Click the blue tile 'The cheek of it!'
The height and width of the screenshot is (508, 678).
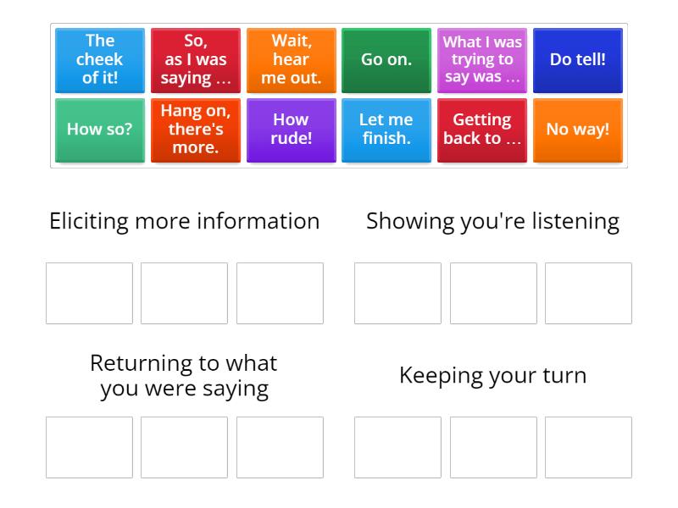(x=100, y=60)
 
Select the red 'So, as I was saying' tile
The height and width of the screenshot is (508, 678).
(x=196, y=60)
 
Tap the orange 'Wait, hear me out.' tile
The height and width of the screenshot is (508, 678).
(x=292, y=60)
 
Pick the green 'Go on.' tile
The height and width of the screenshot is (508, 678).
(x=386, y=60)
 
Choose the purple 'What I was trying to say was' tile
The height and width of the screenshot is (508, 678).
(x=482, y=60)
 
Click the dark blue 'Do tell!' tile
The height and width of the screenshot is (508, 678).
(x=578, y=60)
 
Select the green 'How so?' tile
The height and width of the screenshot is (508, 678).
(x=100, y=130)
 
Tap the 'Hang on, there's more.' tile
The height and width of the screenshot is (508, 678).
(x=196, y=130)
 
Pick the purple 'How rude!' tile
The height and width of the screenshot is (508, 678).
(x=292, y=130)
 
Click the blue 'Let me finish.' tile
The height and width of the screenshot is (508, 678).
(x=386, y=130)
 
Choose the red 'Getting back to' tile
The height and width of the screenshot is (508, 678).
(x=482, y=130)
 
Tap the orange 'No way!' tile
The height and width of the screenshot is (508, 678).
(x=578, y=130)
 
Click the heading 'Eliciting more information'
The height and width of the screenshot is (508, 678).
(x=185, y=221)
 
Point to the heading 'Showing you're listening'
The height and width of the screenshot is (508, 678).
(x=492, y=221)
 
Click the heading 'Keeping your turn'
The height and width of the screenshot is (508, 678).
(x=492, y=375)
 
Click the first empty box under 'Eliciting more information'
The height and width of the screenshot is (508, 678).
(x=89, y=293)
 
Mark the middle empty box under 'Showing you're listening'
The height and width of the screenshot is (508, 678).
(x=493, y=293)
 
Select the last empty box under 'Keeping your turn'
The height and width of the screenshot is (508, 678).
(x=588, y=447)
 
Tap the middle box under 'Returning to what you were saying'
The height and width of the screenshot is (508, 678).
(x=184, y=447)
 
